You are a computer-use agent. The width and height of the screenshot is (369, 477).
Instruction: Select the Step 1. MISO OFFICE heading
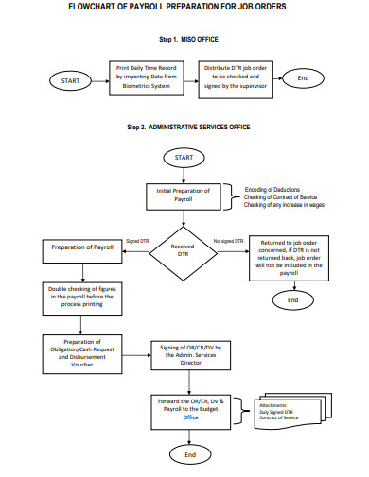(x=184, y=40)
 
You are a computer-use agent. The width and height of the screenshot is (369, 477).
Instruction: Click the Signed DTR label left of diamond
(x=137, y=241)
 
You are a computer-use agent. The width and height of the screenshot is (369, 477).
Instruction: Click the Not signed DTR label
(x=229, y=241)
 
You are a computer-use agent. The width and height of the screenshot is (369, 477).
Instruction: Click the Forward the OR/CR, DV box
(x=190, y=408)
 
